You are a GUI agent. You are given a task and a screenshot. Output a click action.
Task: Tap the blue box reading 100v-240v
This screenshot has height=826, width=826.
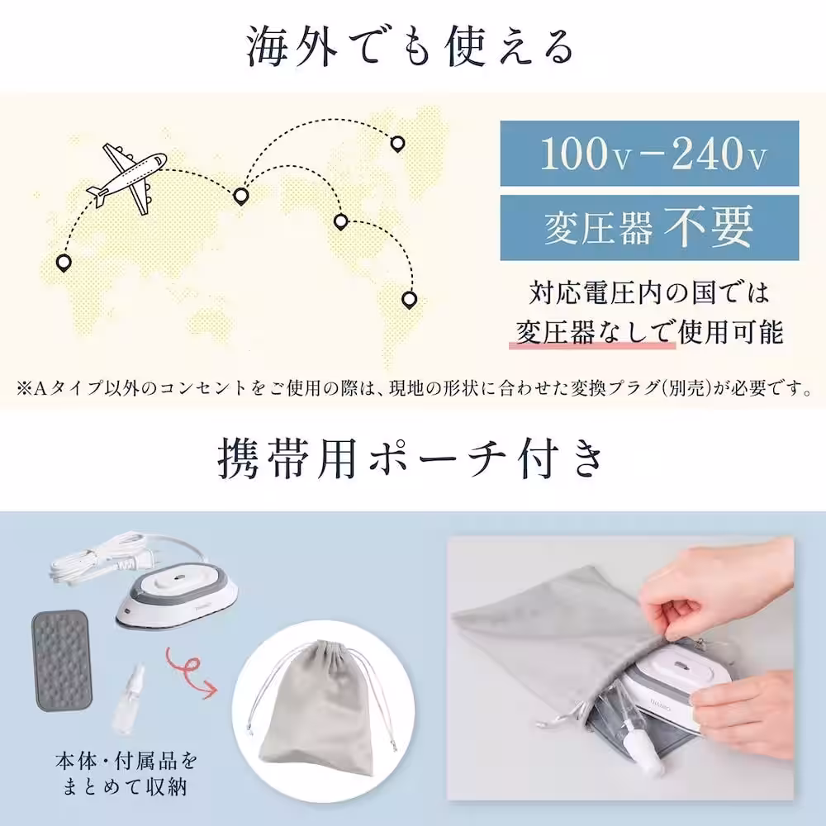tap(649, 154)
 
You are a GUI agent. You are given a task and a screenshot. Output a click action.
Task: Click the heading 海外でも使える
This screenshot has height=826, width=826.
tap(411, 47)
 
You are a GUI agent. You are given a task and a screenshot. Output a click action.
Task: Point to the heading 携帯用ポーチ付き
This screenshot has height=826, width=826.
tap(411, 459)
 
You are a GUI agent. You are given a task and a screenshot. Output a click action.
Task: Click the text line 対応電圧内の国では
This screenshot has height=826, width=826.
tap(649, 293)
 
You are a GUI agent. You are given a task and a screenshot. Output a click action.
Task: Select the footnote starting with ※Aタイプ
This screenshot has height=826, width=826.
tap(413, 388)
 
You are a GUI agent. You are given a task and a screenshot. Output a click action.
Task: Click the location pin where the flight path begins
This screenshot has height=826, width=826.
tap(63, 263)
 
